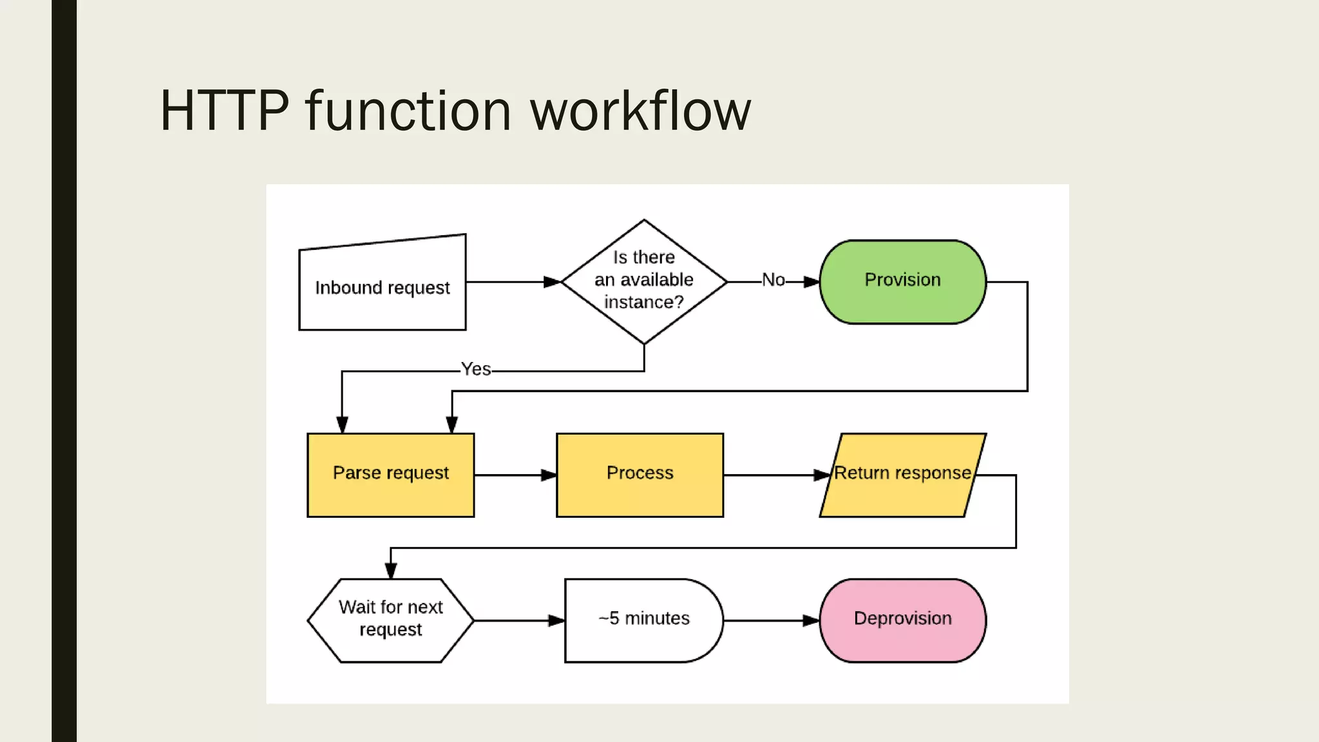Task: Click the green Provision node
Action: [x=902, y=281]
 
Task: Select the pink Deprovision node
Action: [x=902, y=620]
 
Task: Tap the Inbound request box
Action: [x=382, y=287]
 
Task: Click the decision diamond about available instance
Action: [x=643, y=281]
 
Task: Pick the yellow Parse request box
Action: [x=390, y=475]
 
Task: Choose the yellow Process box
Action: [x=640, y=475]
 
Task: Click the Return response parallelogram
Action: [x=902, y=475]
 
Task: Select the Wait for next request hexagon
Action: [x=390, y=620]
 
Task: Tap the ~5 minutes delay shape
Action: [x=643, y=620]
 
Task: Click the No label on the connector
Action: [x=773, y=280]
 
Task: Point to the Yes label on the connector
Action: [x=475, y=370]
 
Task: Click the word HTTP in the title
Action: [x=224, y=111]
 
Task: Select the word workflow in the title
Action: [x=640, y=111]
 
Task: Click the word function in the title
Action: [x=408, y=111]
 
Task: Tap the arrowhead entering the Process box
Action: [x=549, y=475]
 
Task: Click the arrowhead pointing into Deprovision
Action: [x=811, y=620]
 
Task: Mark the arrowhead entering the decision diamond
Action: [x=553, y=281]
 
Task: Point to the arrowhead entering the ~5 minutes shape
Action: [x=556, y=620]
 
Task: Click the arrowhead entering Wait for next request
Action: [x=391, y=571]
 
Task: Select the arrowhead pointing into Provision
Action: [x=811, y=281]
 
